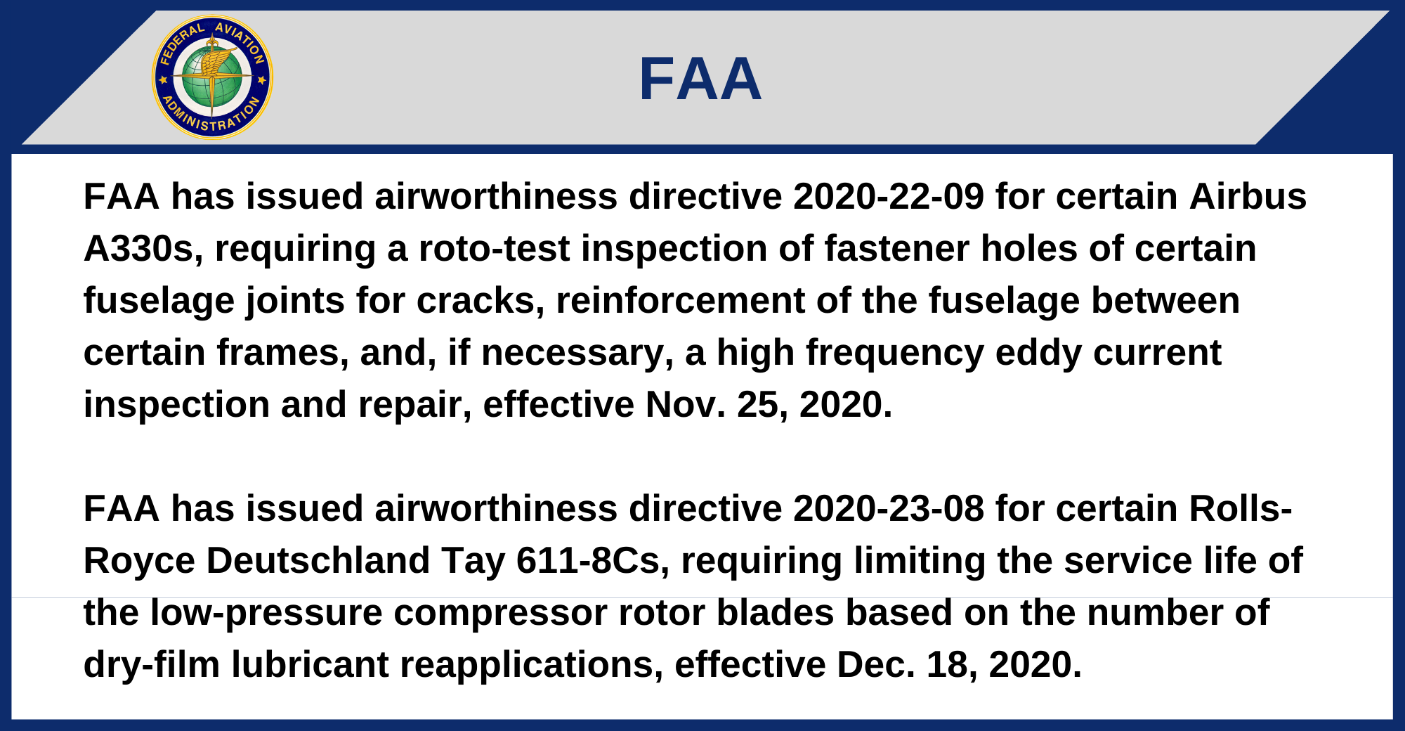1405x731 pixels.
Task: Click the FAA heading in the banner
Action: point(700,79)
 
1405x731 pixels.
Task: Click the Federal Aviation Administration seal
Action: point(212,77)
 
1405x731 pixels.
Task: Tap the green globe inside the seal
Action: point(212,77)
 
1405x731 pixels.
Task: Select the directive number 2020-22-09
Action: point(889,196)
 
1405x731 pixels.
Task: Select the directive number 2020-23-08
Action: point(889,508)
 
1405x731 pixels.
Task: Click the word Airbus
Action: point(1248,196)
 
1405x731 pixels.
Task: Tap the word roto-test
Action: point(494,249)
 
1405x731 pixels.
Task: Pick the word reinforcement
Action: point(680,301)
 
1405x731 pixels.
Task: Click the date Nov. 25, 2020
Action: point(769,405)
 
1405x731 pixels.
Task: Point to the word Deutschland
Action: point(318,560)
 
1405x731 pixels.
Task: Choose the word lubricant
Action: point(311,665)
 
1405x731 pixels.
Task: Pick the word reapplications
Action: point(531,665)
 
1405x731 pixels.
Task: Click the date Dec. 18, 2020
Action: point(959,665)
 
